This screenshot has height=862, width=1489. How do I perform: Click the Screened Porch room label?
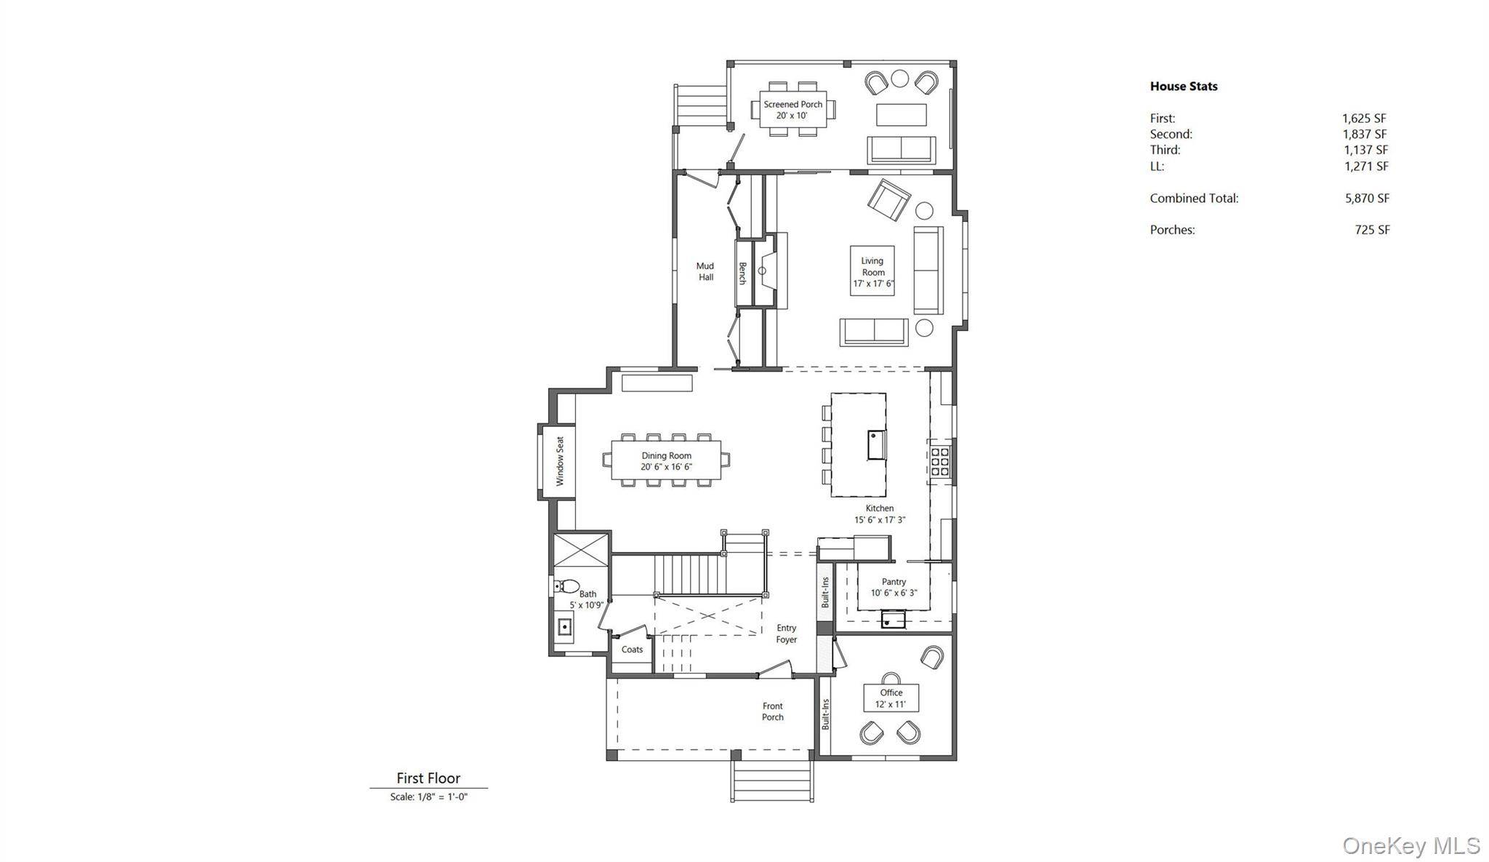(792, 105)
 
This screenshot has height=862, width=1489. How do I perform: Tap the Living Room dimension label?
(873, 284)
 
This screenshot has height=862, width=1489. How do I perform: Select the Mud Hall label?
(705, 271)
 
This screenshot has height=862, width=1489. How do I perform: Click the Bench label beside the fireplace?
(743, 274)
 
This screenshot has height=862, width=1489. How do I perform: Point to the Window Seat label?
(560, 461)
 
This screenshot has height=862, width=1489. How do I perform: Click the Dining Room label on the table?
(666, 456)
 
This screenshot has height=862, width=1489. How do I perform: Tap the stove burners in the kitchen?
(939, 462)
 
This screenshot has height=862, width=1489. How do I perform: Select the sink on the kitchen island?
(876, 444)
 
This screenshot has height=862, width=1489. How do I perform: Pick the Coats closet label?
(632, 650)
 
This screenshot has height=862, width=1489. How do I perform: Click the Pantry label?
(894, 582)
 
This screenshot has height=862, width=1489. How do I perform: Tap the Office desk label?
(891, 693)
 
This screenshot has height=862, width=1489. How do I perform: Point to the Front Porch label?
(772, 711)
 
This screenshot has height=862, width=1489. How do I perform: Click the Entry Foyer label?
(786, 634)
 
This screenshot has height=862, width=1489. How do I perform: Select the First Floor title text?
(428, 778)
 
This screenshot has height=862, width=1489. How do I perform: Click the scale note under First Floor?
(428, 797)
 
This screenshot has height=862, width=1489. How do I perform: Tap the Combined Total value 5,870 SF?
(1367, 198)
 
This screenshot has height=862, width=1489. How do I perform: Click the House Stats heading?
(1183, 86)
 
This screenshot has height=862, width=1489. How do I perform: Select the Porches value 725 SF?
(1372, 230)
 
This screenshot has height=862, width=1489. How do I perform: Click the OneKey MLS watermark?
(1410, 846)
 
